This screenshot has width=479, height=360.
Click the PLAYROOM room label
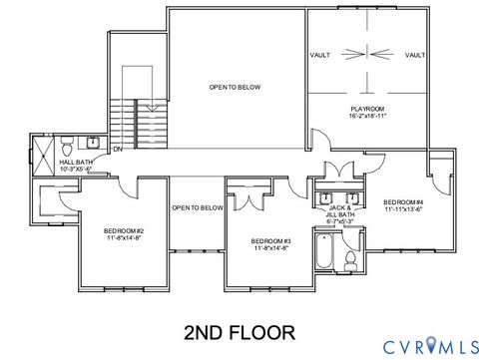click(367, 108)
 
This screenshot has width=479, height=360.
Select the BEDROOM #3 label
click(270, 241)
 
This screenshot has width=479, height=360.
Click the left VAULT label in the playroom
click(320, 56)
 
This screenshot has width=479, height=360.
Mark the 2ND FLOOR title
click(239, 329)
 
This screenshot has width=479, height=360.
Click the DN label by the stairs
click(117, 150)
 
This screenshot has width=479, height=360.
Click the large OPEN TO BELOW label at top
click(236, 87)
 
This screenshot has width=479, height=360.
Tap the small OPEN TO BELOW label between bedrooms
click(197, 207)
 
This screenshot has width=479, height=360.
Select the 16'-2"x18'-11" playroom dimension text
click(367, 116)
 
